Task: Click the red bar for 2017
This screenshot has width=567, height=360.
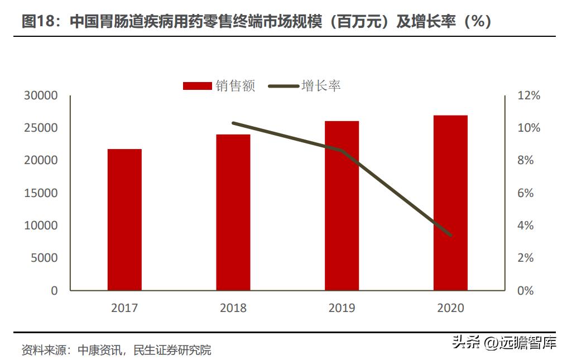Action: tap(124, 219)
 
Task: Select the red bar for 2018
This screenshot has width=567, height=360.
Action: tap(233, 212)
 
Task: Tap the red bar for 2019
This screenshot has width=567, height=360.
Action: tap(342, 205)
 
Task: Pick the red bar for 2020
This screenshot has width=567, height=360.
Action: tap(450, 203)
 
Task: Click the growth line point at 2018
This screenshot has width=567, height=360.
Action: tap(233, 123)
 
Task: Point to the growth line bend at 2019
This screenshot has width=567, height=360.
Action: tap(342, 151)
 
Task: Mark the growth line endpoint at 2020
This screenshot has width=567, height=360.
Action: tap(450, 235)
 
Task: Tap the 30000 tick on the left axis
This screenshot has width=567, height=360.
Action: tap(41, 95)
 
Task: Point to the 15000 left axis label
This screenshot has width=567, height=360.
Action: tap(41, 193)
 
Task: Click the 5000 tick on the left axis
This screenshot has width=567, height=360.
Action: tap(44, 258)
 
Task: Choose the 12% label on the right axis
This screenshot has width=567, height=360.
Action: tap(529, 95)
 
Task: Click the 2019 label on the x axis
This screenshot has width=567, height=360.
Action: tap(342, 308)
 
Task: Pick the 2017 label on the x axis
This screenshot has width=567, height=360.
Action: tap(124, 308)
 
